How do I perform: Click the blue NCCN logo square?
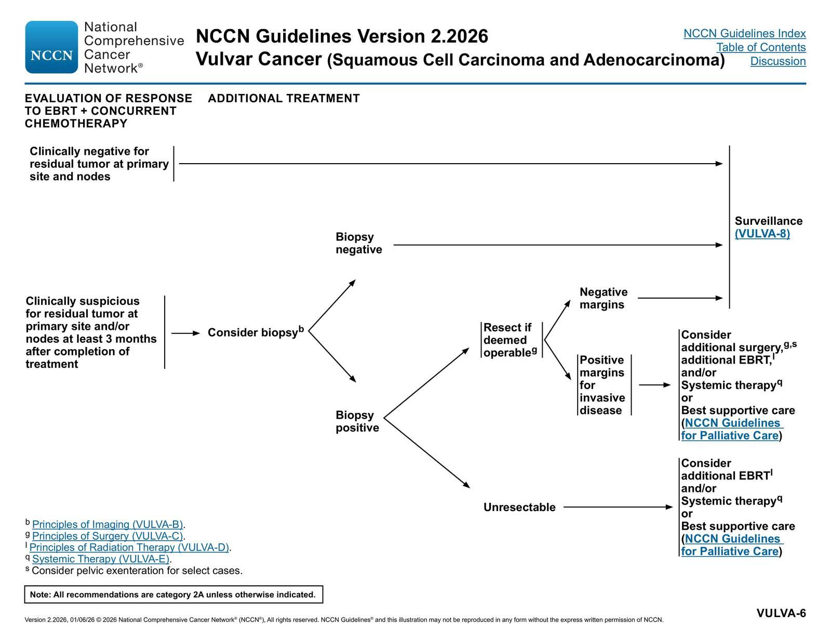tap(51, 47)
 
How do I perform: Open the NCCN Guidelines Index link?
tap(744, 34)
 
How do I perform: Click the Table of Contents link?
tap(761, 47)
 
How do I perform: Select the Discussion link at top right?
tap(778, 61)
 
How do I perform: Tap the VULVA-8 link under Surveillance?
tap(762, 234)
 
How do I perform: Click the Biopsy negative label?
tap(359, 243)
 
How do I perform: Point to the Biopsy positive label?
tap(357, 421)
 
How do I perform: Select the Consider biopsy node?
tap(256, 332)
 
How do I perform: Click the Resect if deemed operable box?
tap(511, 340)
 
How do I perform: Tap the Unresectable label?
tap(519, 507)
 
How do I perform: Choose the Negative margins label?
tap(604, 298)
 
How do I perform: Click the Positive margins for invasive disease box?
tap(604, 385)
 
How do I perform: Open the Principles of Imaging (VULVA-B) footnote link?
tap(108, 524)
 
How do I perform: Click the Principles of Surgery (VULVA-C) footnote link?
tap(108, 536)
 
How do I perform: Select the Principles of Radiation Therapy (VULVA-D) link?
tap(129, 547)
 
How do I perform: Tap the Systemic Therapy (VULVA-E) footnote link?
tap(101, 559)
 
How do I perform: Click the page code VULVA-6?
tap(781, 613)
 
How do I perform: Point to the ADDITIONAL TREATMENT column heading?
tap(284, 98)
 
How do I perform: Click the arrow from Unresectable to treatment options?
tap(618, 507)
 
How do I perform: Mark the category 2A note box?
tap(173, 595)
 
